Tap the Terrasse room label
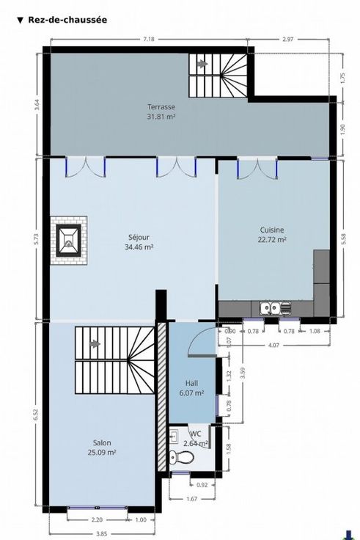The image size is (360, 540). click(x=161, y=107)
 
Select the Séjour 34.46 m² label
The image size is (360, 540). click(x=139, y=242)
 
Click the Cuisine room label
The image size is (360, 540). click(x=272, y=230)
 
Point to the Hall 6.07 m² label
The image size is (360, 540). click(x=191, y=387)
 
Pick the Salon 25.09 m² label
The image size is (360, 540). click(x=102, y=448)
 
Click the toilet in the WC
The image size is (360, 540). click(x=181, y=457)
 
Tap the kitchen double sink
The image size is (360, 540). click(x=271, y=308)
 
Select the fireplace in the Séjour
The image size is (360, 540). click(x=68, y=240)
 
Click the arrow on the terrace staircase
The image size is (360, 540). click(x=202, y=64)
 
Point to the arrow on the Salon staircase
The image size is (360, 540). click(x=95, y=343)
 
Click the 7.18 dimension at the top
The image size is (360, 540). click(x=149, y=39)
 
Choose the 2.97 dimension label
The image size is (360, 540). click(x=287, y=39)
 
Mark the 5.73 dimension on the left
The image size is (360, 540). click(x=37, y=240)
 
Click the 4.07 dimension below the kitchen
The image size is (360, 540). click(x=273, y=345)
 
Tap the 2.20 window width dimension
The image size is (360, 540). click(x=98, y=519)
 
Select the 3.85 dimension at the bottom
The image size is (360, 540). click(x=101, y=534)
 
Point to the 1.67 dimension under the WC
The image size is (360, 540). click(x=191, y=499)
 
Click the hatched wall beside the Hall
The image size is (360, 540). click(x=161, y=397)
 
